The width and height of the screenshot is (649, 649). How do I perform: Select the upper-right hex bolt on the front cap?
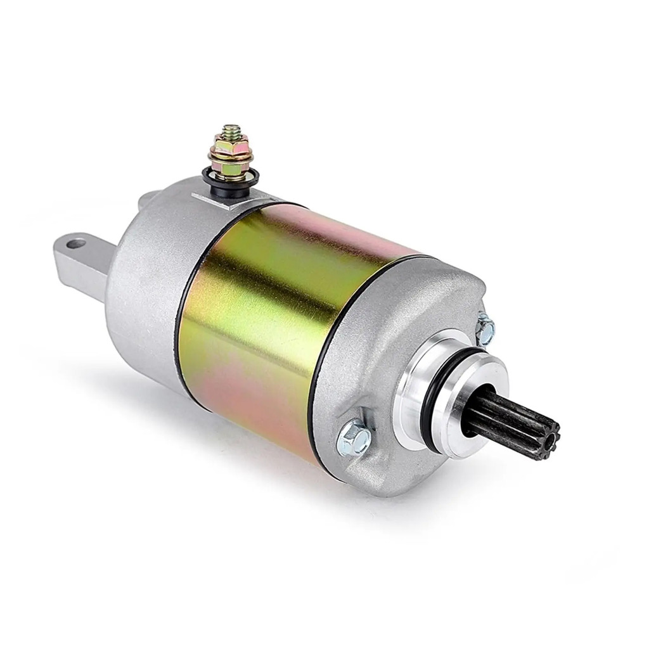point(486,326)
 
